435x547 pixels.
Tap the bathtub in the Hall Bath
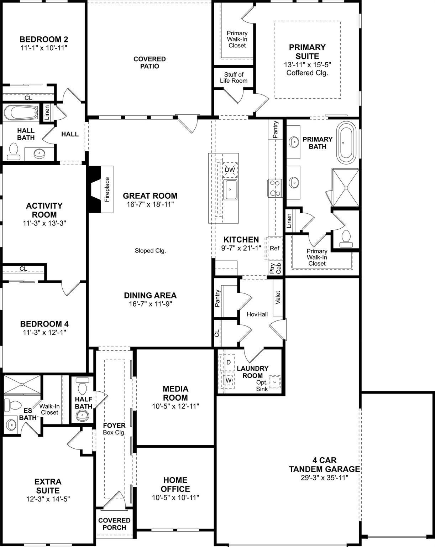[x=21, y=113]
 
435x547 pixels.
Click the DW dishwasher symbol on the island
[x=230, y=170]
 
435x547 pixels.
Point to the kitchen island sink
[x=230, y=189]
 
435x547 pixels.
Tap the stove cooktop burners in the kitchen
[x=274, y=188]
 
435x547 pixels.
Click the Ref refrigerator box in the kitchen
[x=274, y=248]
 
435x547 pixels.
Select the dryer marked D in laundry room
[x=229, y=362]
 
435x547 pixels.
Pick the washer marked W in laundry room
[x=229, y=380]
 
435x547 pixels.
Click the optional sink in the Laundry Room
[x=274, y=382]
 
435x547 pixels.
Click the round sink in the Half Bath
[x=83, y=415]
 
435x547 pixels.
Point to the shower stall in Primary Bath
[x=345, y=187]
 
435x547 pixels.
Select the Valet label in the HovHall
[x=278, y=298]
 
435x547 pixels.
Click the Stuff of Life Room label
[x=234, y=78]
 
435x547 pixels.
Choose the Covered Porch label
[x=114, y=523]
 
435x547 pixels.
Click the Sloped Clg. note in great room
[x=150, y=251]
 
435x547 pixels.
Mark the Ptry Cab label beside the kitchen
[x=276, y=268]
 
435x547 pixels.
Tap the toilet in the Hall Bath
[x=14, y=150]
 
